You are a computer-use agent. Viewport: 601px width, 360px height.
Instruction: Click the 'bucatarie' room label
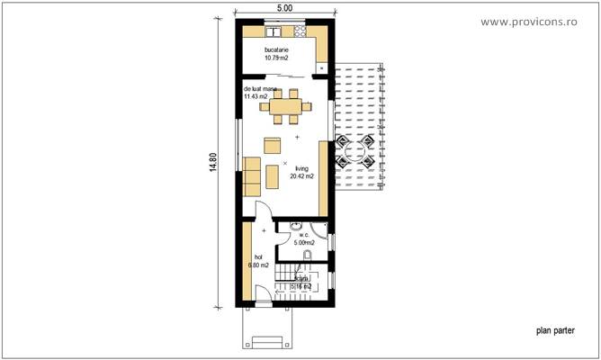(x=277, y=49)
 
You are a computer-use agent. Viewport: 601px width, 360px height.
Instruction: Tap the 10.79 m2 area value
(x=277, y=58)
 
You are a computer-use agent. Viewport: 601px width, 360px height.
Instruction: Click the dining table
(x=287, y=106)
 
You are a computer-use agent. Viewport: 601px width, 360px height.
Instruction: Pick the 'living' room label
(x=300, y=167)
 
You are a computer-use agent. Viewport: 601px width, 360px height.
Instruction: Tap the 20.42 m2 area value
(x=301, y=176)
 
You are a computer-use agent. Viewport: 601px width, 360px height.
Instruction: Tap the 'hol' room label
(x=259, y=256)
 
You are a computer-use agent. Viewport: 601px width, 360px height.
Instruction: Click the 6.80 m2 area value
(x=259, y=265)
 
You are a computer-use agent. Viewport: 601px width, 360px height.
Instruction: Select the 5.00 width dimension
(x=284, y=7)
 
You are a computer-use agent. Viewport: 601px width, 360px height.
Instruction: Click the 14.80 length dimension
(x=213, y=165)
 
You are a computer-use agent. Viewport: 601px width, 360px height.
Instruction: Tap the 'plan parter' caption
(x=553, y=330)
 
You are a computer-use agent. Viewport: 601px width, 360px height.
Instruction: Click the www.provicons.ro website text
(x=541, y=21)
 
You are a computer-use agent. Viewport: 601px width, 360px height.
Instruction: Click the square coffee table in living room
(x=271, y=143)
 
